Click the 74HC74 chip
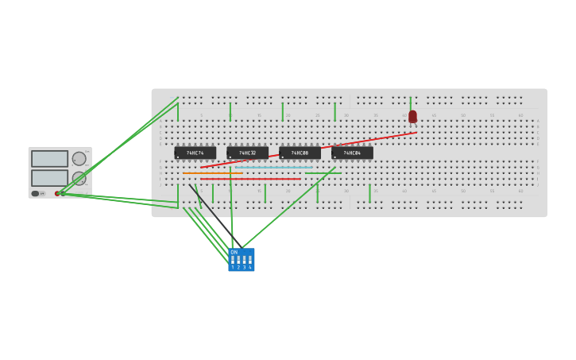[x=195, y=153]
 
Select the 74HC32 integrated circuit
[x=247, y=153]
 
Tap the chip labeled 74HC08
[x=300, y=153]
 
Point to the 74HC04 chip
[x=352, y=153]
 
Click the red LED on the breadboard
[x=412, y=116]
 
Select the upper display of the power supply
[x=49, y=159]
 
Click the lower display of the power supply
[x=49, y=177]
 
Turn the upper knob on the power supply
[x=79, y=159]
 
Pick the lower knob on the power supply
[x=79, y=178]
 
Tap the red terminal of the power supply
[x=57, y=193]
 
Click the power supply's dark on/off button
[x=35, y=193]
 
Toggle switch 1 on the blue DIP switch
[x=233, y=260]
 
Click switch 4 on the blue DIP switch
[x=249, y=260]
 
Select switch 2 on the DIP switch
[x=238, y=260]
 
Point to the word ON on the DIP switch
[x=234, y=252]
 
